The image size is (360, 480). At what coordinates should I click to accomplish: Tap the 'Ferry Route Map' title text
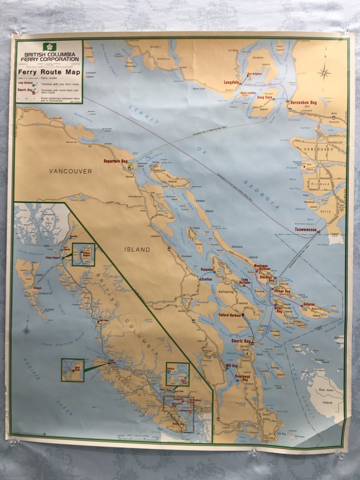click(x=48, y=72)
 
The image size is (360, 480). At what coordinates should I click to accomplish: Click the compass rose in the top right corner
click(x=324, y=72)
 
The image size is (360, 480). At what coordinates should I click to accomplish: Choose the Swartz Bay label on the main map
click(x=241, y=342)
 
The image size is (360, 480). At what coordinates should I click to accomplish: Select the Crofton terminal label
click(x=206, y=279)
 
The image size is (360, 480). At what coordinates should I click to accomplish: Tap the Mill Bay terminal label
click(x=221, y=366)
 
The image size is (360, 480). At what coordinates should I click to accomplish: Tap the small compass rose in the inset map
click(x=27, y=330)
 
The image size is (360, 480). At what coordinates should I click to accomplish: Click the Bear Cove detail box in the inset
click(x=72, y=370)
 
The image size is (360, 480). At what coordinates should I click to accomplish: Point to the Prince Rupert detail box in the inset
click(x=84, y=254)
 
